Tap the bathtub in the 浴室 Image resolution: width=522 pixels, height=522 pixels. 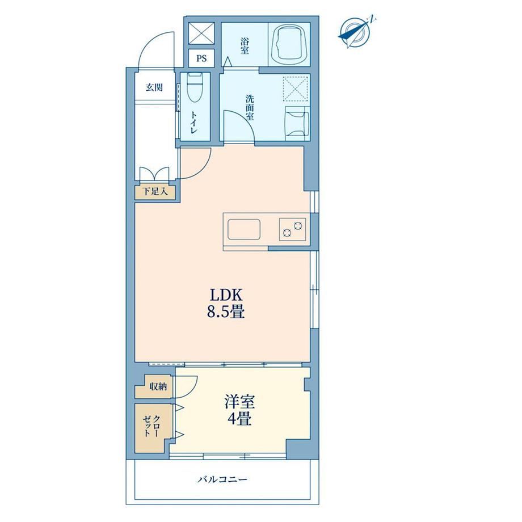point(289,44)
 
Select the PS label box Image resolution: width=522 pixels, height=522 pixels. point(201,58)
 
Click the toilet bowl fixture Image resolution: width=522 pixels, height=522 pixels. point(195,87)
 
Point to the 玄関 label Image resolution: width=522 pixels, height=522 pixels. point(154,87)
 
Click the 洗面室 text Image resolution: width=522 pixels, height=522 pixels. point(250,108)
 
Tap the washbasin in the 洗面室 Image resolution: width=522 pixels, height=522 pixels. point(297,122)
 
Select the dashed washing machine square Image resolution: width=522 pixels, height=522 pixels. point(295,88)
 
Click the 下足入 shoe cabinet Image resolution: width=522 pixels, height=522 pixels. point(155,192)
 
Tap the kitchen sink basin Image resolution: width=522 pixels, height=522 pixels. point(243,229)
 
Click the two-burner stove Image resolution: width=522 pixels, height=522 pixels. point(293,229)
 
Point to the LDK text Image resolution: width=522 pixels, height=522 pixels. point(226,294)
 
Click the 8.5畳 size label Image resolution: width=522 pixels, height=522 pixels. point(226,312)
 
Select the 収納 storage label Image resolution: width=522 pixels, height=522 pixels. point(158,387)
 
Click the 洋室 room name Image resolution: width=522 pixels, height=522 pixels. point(239,402)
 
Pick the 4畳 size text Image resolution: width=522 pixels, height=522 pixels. point(239,419)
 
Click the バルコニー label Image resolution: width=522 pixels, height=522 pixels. point(222,479)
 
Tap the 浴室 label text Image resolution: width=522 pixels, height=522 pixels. point(245,46)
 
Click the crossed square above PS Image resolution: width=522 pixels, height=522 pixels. point(201,33)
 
